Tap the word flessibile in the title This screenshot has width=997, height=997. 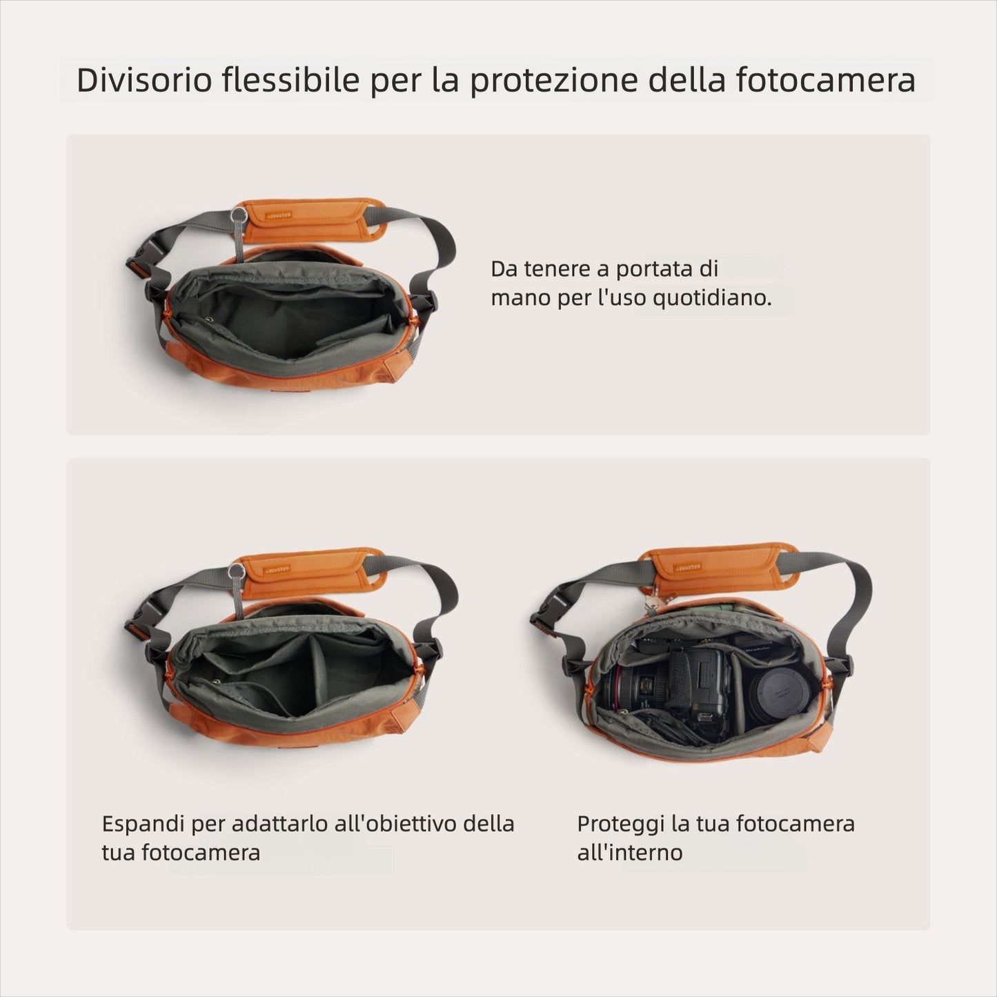pos(290,80)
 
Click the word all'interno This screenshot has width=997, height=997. pos(629,853)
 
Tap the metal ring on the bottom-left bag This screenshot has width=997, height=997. pos(236,571)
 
